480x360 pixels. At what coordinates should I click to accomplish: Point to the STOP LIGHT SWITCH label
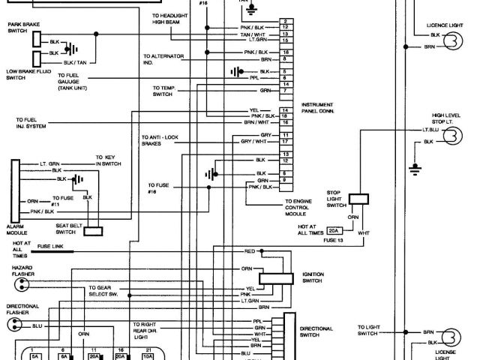click(334, 198)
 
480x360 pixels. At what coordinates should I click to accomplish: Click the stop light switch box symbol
click(359, 198)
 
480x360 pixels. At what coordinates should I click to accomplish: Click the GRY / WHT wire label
click(250, 141)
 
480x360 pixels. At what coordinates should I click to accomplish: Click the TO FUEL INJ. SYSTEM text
click(31, 121)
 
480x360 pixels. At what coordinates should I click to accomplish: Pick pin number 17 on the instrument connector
click(286, 141)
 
